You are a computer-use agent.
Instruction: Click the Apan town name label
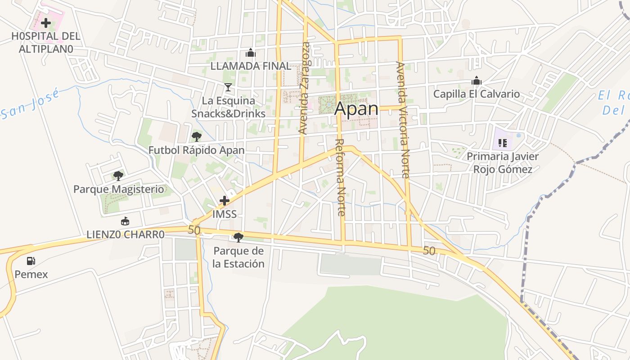click(x=356, y=108)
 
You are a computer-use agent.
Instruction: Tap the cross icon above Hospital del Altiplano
click(x=45, y=22)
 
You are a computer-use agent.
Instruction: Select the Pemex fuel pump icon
click(x=31, y=261)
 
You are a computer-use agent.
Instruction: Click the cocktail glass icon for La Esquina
click(x=228, y=87)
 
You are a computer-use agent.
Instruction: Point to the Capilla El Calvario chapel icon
click(x=477, y=81)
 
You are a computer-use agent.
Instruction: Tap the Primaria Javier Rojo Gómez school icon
click(x=503, y=143)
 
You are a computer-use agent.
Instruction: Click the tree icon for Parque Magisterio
click(x=118, y=175)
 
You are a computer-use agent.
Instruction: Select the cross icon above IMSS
click(x=225, y=201)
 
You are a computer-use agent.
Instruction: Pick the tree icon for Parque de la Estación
click(x=238, y=237)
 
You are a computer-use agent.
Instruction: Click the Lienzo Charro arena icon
click(x=125, y=221)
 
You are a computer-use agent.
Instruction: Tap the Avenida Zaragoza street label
click(x=305, y=88)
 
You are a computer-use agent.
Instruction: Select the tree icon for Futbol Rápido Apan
click(x=196, y=136)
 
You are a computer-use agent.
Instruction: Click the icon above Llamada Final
click(x=251, y=53)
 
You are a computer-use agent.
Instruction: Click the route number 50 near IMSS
click(x=194, y=230)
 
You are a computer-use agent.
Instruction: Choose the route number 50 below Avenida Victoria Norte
click(x=429, y=251)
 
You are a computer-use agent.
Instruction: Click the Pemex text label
click(x=31, y=274)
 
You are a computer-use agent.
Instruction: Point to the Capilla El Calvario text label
click(x=477, y=94)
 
